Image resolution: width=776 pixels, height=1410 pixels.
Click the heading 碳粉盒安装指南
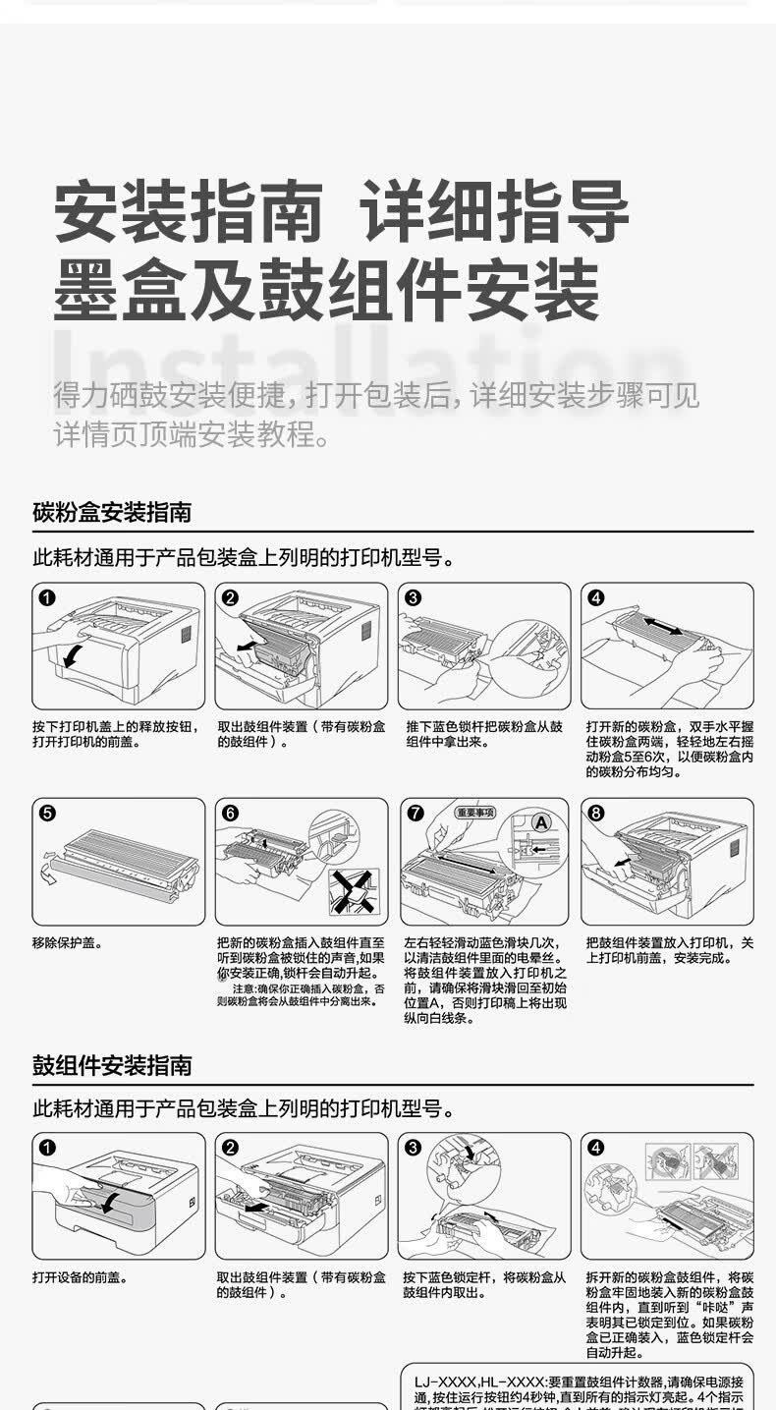tap(112, 512)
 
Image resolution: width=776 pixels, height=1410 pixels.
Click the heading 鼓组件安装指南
tap(112, 1065)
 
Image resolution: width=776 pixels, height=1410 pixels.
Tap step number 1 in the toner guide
tap(47, 597)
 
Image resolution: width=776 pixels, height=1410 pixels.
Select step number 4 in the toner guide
tap(596, 597)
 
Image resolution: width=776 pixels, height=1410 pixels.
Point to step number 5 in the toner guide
tap(47, 813)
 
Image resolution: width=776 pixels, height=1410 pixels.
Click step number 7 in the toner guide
tap(415, 813)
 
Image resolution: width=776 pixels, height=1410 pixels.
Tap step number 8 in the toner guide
tap(596, 813)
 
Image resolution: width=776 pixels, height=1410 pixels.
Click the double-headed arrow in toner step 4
tap(664, 626)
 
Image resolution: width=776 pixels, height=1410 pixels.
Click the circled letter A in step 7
tap(540, 820)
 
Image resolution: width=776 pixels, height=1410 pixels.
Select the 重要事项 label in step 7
tap(475, 813)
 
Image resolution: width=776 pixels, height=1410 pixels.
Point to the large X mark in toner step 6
tap(352, 889)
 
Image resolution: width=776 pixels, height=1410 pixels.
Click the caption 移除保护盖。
tap(68, 943)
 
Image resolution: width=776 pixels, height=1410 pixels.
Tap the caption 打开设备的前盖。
tap(81, 1277)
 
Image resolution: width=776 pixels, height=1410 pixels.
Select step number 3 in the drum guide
tap(413, 1148)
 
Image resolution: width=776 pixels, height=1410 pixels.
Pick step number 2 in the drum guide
tap(230, 1148)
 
